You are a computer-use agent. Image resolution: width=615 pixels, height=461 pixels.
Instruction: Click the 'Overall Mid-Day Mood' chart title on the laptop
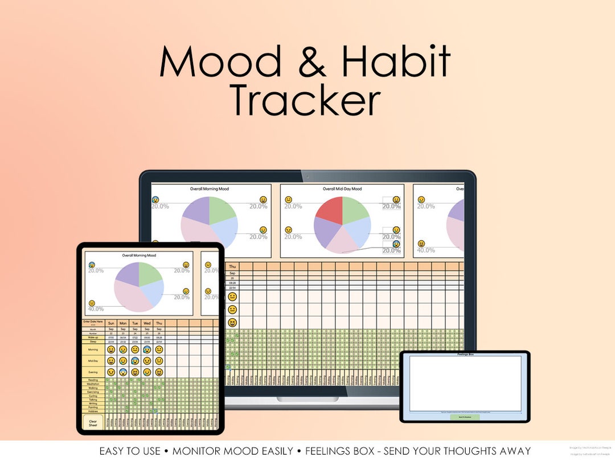click(342, 188)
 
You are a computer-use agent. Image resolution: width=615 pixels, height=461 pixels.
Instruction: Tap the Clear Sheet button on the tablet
click(93, 423)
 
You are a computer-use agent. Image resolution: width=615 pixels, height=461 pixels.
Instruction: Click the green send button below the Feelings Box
click(465, 417)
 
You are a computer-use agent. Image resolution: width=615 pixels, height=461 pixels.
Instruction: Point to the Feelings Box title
click(465, 354)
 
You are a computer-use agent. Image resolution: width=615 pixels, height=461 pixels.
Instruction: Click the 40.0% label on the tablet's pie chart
click(96, 309)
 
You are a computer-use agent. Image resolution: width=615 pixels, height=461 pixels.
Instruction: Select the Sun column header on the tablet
click(110, 323)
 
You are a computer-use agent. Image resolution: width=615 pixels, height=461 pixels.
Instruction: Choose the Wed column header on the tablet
click(147, 323)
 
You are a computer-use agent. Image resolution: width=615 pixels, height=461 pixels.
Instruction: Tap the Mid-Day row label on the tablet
click(93, 360)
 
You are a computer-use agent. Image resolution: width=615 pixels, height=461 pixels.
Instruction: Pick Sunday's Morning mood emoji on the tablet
click(110, 349)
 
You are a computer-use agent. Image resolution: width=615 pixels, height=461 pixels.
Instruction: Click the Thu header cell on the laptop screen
click(232, 266)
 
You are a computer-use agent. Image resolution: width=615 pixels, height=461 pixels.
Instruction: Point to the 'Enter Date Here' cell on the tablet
click(93, 323)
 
